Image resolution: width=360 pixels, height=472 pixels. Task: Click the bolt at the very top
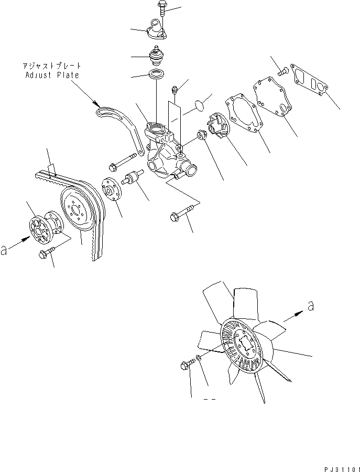click(160, 10)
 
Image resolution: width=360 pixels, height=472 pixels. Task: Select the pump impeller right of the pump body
click(218, 126)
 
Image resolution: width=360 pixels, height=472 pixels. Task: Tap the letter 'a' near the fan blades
click(310, 306)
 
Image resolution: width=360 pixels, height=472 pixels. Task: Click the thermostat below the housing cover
click(156, 55)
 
